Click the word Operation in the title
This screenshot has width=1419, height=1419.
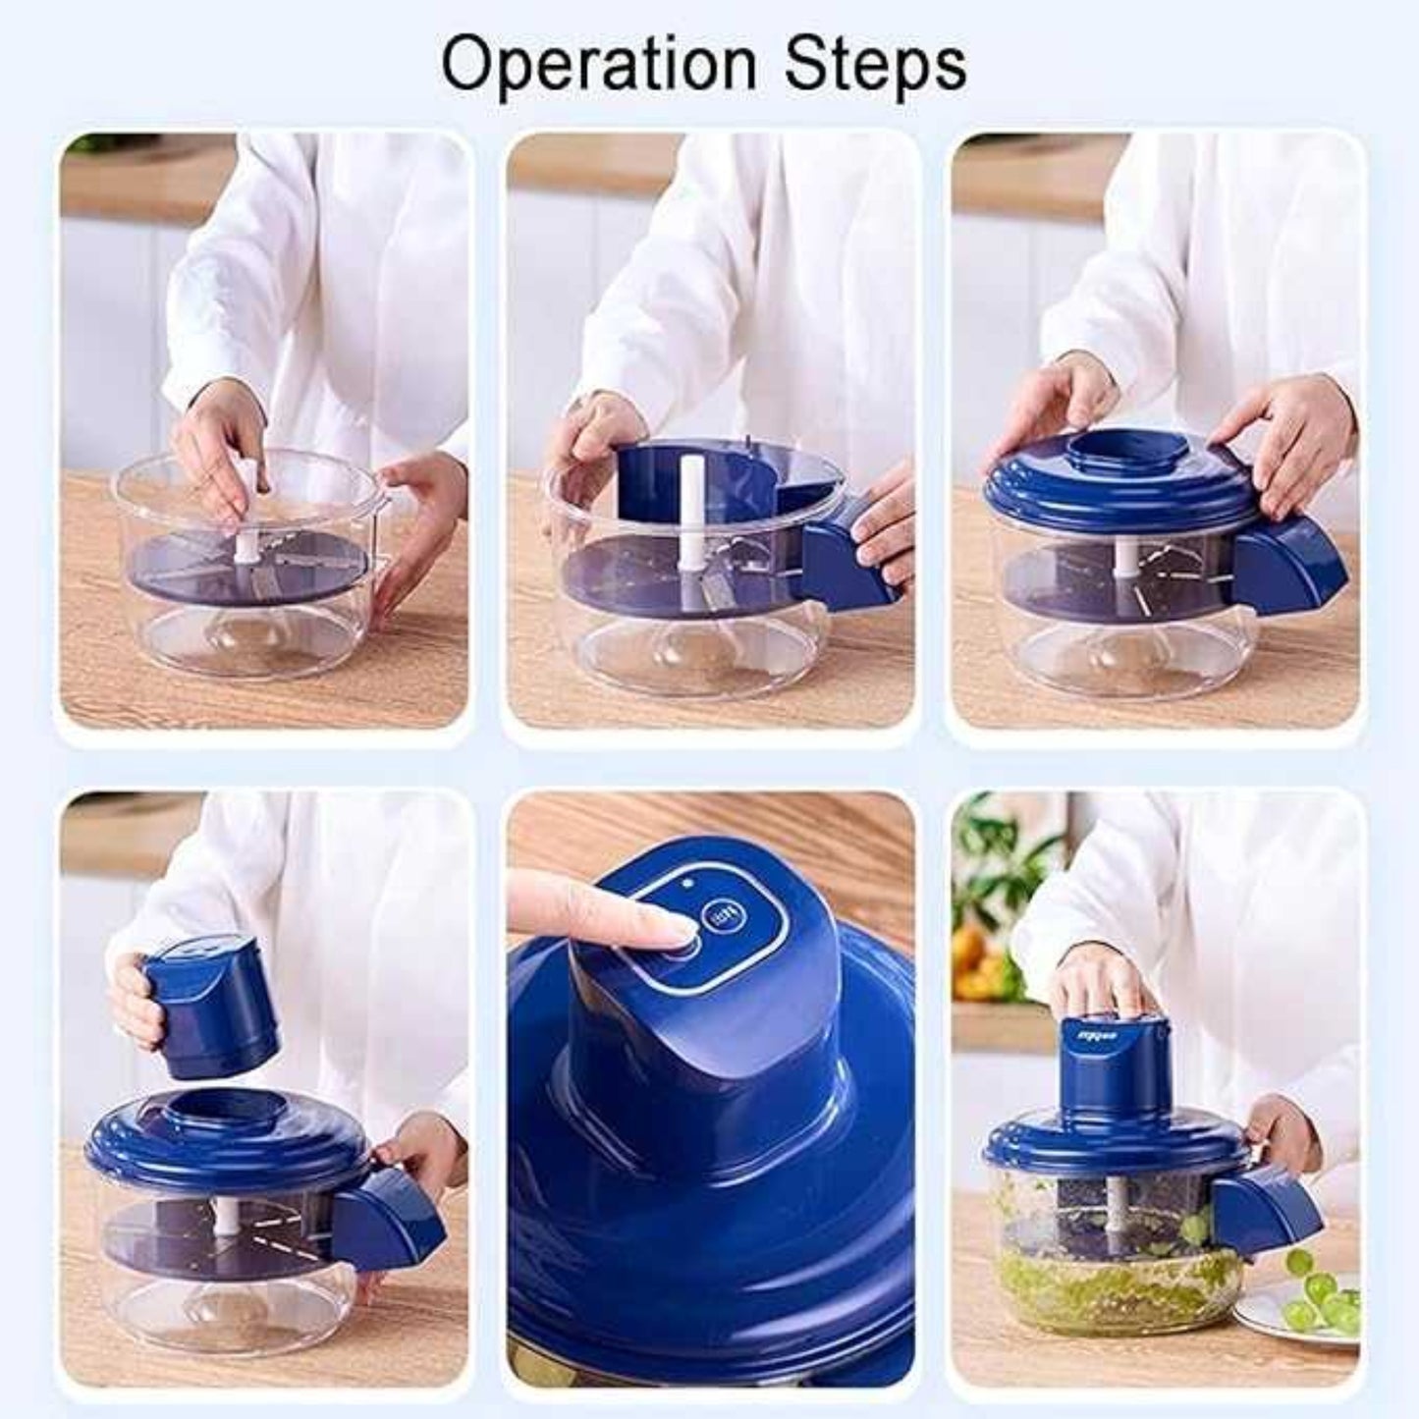tap(598, 65)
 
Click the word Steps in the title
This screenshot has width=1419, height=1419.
tap(875, 65)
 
